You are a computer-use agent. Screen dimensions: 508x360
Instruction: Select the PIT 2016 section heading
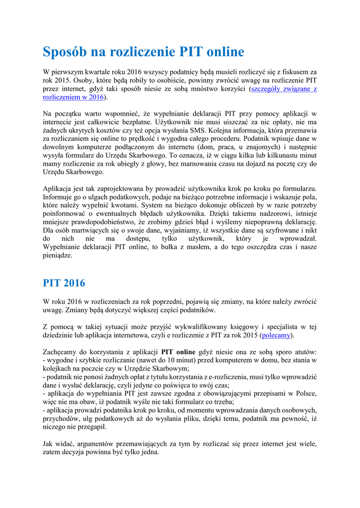[64, 283]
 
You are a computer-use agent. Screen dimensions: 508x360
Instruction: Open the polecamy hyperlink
[277, 335]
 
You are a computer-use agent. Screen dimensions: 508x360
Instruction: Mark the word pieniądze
[58, 256]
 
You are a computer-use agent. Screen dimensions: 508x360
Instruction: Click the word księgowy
[233, 327]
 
